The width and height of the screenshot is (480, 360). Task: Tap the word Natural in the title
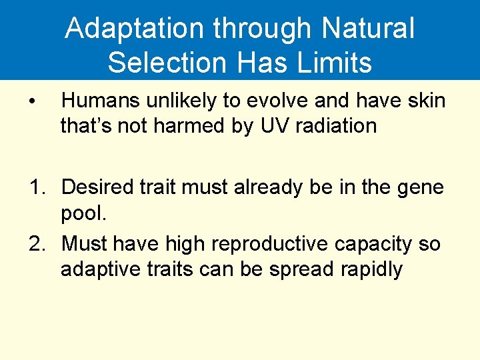click(368, 29)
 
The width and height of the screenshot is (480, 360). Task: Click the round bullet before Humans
click(31, 102)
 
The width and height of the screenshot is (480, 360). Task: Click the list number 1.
click(37, 187)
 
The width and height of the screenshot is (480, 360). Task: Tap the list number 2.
click(37, 245)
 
